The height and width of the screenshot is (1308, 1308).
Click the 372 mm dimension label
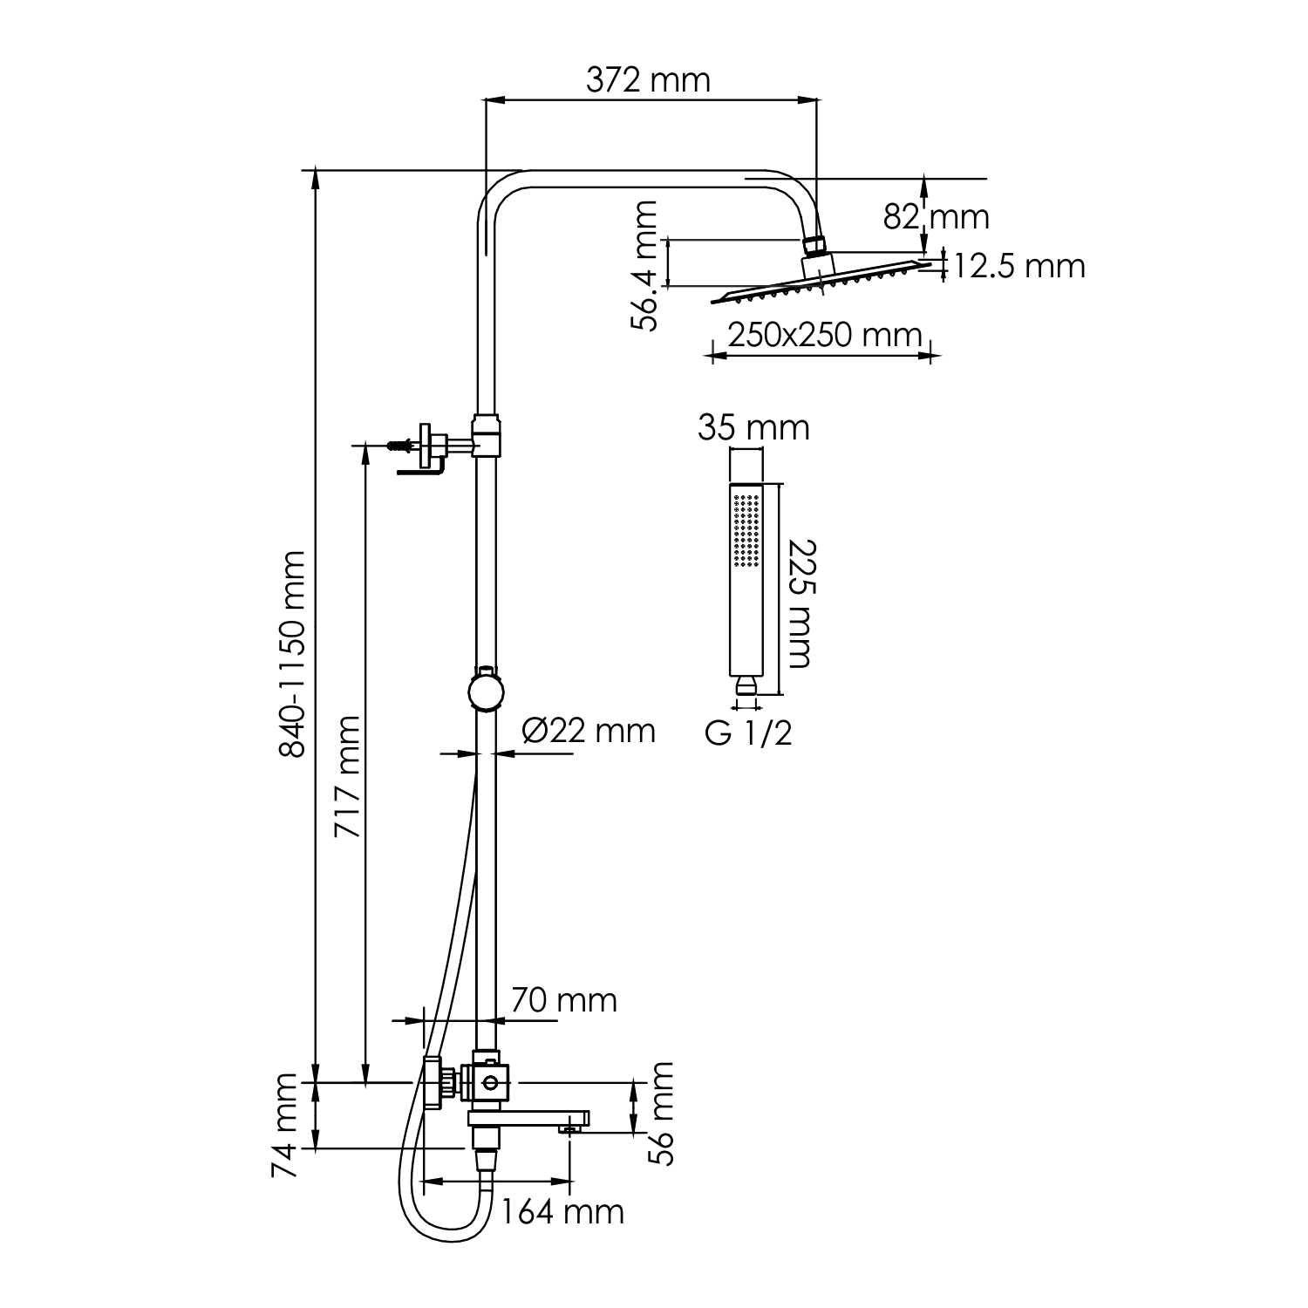(x=648, y=80)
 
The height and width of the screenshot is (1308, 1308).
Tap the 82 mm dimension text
(x=937, y=216)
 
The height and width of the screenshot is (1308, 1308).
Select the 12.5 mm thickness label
(x=1018, y=266)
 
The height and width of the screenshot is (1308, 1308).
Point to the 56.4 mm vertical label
(x=646, y=266)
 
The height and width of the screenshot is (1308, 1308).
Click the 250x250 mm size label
(x=824, y=335)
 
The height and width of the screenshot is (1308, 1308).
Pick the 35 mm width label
(x=753, y=428)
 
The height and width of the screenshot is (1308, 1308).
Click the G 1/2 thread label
(x=749, y=733)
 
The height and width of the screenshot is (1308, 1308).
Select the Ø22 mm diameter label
(x=589, y=731)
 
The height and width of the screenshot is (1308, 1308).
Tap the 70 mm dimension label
(x=563, y=1000)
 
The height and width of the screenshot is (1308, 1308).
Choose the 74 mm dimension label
(x=285, y=1126)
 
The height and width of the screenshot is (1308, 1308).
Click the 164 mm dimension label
(x=562, y=1211)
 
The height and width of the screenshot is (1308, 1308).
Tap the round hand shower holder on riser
(x=485, y=693)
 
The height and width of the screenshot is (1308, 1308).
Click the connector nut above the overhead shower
(x=814, y=244)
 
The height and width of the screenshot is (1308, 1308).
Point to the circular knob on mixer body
(x=491, y=1083)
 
